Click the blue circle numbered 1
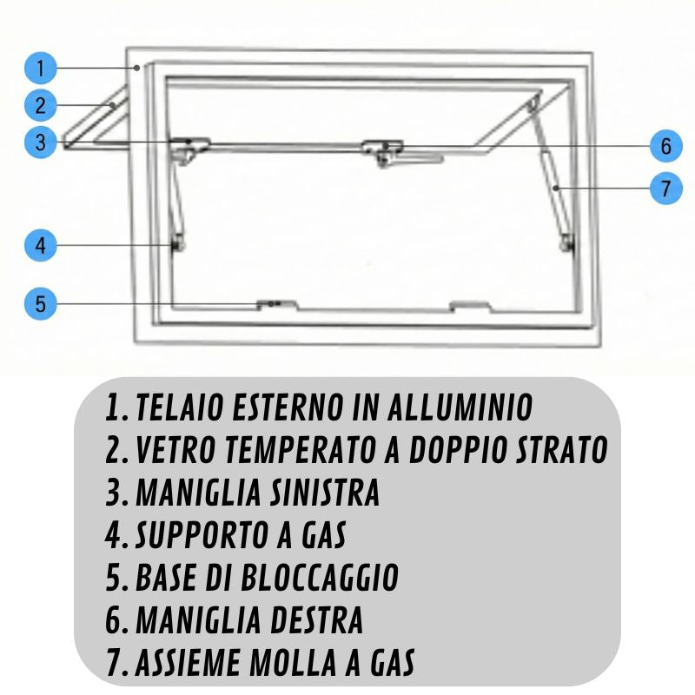point(40,68)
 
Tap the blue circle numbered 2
point(40,105)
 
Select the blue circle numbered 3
point(40,142)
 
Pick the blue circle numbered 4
point(40,245)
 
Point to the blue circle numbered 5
point(40,303)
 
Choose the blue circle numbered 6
point(665,146)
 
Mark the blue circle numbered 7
point(665,188)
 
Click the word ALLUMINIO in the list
point(460,407)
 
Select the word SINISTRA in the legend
point(325,492)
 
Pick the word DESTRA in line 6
point(316,619)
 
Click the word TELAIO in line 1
point(179,407)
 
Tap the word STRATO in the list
point(561,449)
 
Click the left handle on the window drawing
point(190,149)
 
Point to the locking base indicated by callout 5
point(277,305)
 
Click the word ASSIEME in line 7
point(188,662)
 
